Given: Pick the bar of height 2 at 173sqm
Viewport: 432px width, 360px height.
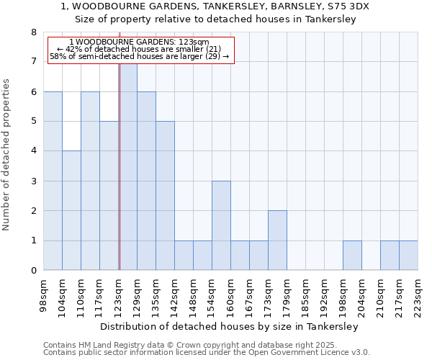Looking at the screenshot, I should pos(277,240).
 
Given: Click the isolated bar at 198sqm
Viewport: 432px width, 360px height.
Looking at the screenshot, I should pos(352,256).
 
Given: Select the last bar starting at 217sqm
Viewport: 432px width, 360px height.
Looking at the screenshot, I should pos(408,256).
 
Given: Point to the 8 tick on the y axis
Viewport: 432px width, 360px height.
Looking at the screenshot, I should pos(32,32).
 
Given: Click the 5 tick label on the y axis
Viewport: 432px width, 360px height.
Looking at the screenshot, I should pos(32,122).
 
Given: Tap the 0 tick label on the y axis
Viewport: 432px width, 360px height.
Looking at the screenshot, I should pos(32,271).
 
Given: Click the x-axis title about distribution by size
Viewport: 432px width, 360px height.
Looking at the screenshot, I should pos(229,326).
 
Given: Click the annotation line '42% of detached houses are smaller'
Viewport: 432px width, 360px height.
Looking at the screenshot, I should pos(141,49).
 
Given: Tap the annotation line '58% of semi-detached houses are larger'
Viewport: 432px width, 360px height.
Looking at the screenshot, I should pos(140,56).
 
